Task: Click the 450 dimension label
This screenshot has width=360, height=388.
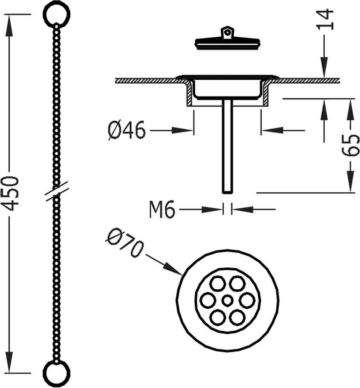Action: pos(13,193)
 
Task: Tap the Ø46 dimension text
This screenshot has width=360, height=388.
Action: pos(127,130)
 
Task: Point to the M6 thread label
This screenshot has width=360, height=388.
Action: pos(162,210)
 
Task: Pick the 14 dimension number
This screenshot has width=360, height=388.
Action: pos(326,19)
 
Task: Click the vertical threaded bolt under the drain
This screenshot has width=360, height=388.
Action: pos(227,147)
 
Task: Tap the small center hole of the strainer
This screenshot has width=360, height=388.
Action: pos(227,300)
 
